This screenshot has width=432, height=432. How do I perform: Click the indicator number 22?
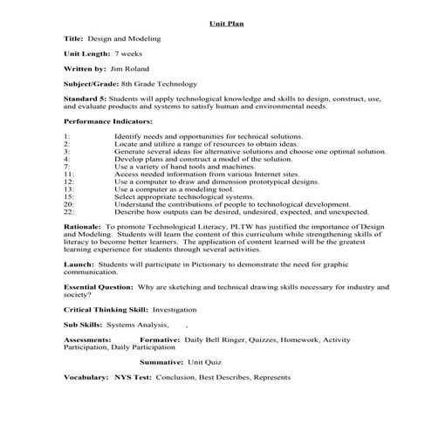point(70,211)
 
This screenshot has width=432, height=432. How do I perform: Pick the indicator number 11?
point(70,174)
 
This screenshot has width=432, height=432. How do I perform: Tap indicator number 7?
point(67,167)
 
